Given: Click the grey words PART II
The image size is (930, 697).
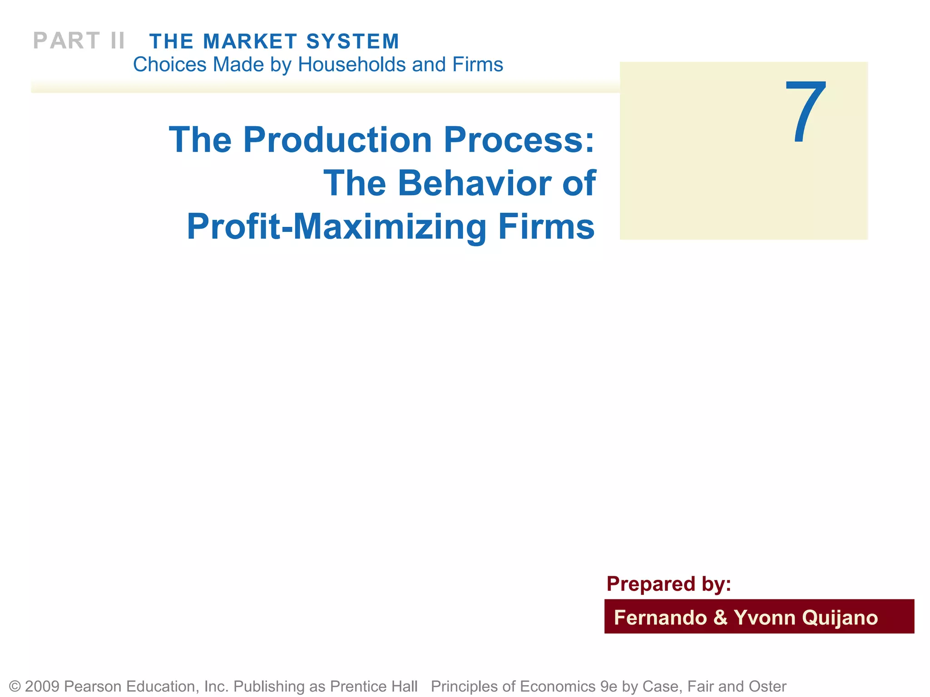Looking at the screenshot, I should point(79,41).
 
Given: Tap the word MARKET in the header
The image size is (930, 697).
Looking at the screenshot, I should point(250,41).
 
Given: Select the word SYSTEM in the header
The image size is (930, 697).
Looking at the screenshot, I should point(353,41).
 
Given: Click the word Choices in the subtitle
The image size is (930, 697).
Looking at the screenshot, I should point(170,64).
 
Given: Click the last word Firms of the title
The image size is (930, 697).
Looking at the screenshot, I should point(546,226).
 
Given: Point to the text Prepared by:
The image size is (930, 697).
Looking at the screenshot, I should point(668,584).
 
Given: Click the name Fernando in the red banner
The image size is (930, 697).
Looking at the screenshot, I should point(660,618).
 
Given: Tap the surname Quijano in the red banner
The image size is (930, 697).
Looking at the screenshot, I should point(840,618).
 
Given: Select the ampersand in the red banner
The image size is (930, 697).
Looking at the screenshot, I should point(720,618).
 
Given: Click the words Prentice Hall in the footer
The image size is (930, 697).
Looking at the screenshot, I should point(373,686).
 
